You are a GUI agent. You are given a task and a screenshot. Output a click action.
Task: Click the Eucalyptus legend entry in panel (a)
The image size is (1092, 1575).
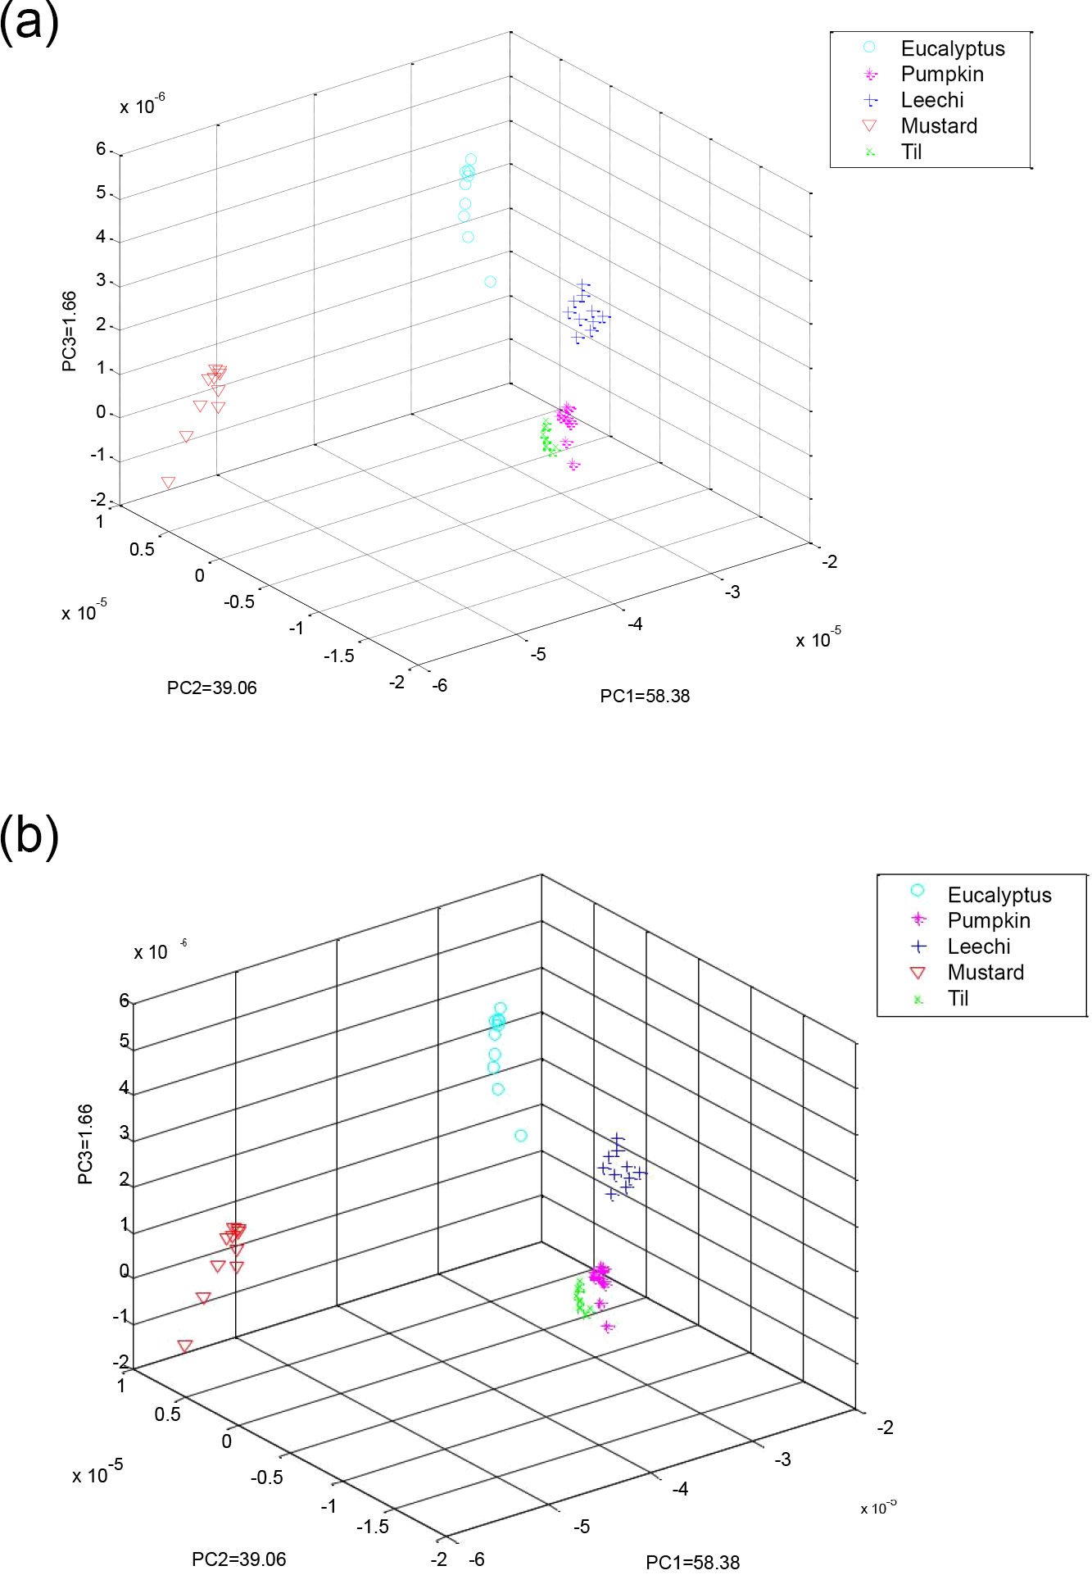tap(952, 48)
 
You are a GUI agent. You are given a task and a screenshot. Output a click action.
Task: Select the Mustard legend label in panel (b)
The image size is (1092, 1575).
tap(986, 973)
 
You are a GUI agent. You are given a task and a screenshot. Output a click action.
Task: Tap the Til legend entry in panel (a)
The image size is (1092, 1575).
tap(911, 152)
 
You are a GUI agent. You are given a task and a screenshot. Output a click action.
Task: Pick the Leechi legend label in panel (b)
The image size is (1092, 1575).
tap(978, 946)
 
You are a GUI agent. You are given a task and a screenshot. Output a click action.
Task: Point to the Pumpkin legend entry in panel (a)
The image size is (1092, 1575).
tap(941, 74)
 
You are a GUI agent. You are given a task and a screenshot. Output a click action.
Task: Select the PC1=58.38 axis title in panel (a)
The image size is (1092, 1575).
tap(645, 696)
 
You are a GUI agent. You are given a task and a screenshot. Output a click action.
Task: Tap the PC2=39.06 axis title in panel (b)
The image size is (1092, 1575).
tap(238, 1559)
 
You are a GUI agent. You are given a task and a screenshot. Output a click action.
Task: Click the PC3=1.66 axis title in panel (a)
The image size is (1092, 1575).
tap(70, 331)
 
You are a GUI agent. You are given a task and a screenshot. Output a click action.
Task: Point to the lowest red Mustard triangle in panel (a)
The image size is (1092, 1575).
tap(169, 483)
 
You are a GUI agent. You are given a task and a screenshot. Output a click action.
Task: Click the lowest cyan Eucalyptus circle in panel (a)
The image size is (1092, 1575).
tap(490, 282)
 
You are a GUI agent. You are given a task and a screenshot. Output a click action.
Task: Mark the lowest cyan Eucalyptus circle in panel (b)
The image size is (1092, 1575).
tap(520, 1136)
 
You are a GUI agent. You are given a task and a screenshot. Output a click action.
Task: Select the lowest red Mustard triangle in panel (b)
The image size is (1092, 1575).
tap(185, 1346)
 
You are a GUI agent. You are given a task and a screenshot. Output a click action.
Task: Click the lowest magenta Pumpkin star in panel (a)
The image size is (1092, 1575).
tap(573, 465)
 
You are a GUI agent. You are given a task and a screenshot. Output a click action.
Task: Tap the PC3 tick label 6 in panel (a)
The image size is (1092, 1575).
tap(101, 149)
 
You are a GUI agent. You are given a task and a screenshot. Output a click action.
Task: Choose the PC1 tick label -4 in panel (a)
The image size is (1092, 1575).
tap(635, 624)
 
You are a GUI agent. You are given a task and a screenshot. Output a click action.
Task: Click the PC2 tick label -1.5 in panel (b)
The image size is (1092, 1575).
tap(372, 1526)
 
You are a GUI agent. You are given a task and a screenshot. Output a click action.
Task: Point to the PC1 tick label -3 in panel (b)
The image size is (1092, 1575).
tap(782, 1459)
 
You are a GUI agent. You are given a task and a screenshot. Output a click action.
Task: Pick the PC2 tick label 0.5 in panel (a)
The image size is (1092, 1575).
tap(142, 549)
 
